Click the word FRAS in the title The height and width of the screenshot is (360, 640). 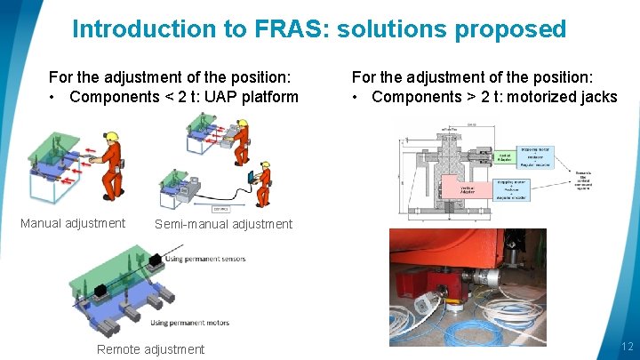pos(276,29)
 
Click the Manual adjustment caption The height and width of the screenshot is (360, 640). pos(73,223)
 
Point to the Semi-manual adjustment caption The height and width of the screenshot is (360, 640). pos(223,224)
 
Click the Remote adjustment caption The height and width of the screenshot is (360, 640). pos(150,349)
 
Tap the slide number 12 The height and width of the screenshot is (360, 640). pos(627,347)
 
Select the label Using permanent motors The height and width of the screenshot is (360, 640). pos(189,322)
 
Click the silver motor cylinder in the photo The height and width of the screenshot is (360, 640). pos(488,276)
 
